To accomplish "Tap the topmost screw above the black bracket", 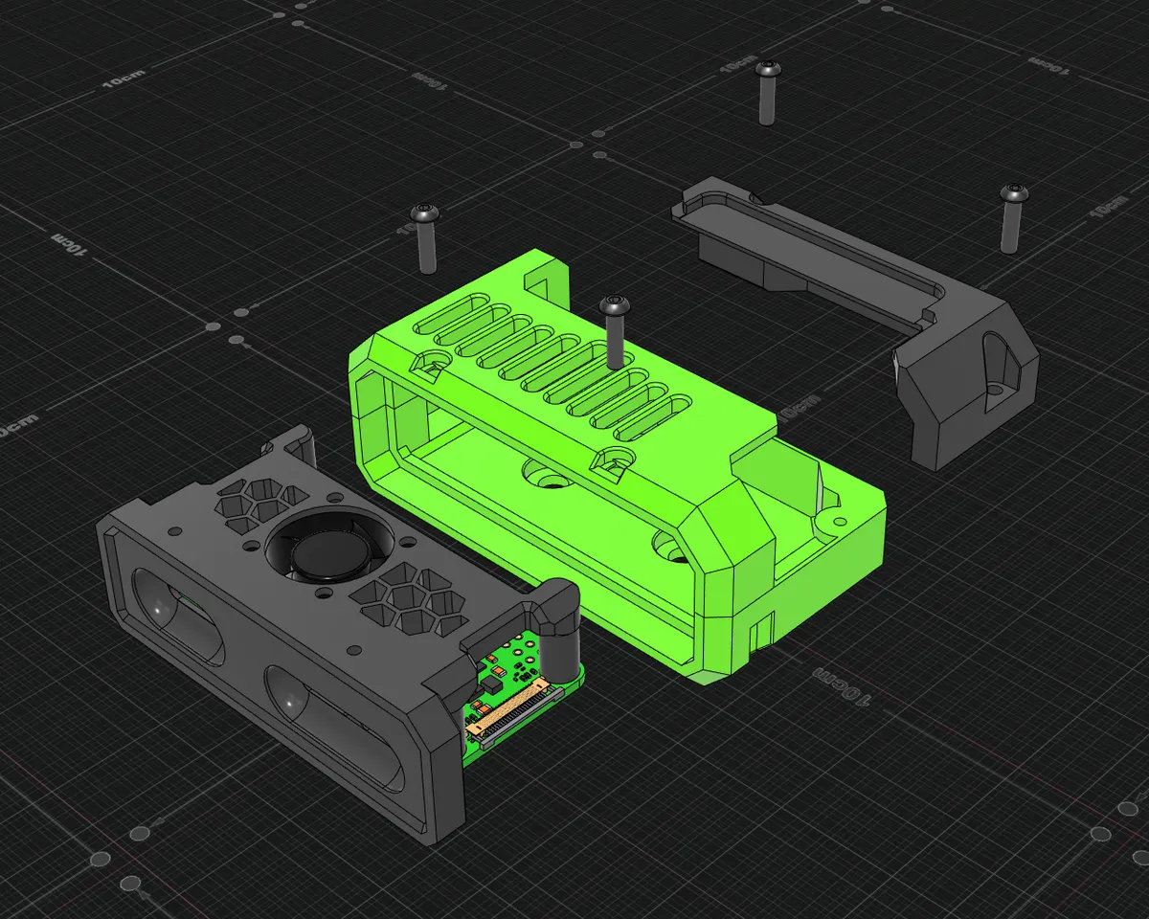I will (x=766, y=92).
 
